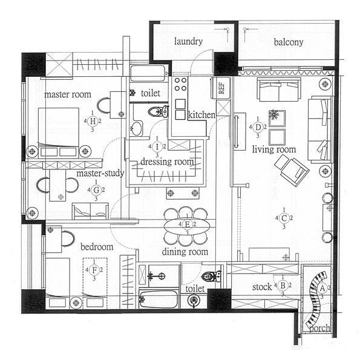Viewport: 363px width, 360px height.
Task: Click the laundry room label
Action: [188, 41]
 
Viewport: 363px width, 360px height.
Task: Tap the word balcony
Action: [288, 42]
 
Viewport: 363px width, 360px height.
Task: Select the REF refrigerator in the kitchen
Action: [220, 88]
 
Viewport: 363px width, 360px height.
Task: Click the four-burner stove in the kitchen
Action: [180, 84]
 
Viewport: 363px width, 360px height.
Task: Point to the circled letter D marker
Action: [258, 127]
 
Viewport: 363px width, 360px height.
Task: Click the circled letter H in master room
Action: [93, 121]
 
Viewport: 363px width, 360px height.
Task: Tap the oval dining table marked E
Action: [187, 224]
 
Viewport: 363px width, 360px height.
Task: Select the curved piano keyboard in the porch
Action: [315, 299]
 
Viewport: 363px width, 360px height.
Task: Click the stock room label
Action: [262, 287]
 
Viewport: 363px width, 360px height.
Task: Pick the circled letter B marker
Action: [283, 286]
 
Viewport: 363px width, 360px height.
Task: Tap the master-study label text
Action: [100, 173]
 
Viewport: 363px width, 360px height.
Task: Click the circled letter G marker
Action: [96, 190]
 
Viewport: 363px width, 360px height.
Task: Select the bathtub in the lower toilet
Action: [159, 298]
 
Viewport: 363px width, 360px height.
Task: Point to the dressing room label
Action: [167, 162]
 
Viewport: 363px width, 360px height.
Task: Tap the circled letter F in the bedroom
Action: [94, 270]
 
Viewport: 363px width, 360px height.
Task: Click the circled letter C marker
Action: [284, 218]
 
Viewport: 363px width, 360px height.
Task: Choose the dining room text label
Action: [185, 252]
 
